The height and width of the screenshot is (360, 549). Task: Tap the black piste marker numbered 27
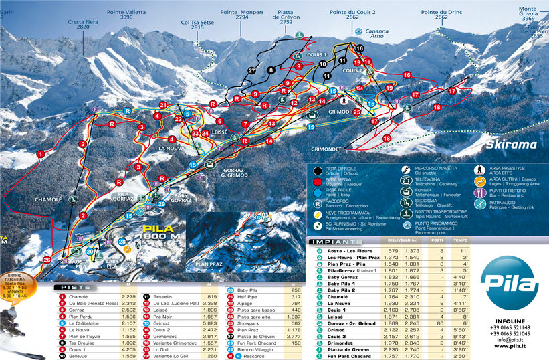(251, 70)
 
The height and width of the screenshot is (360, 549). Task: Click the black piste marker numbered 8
(271, 70)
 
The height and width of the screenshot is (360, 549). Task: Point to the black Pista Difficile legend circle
(317, 171)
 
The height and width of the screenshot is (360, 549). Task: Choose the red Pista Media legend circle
(317, 181)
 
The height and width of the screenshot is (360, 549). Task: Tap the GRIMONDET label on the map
(332, 149)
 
